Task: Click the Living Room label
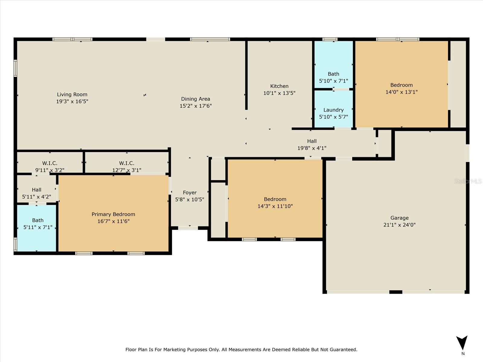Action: coord(72,94)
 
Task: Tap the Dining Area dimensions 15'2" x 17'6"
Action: coord(196,106)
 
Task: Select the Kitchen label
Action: coord(279,86)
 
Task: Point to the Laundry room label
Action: coord(333,110)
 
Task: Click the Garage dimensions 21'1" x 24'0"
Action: coord(399,225)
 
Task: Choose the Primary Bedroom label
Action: coord(113,214)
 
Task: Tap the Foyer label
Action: coord(190,193)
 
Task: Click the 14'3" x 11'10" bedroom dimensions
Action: coord(275,206)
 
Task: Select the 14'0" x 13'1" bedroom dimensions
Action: coord(401,92)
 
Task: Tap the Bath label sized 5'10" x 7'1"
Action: coord(333,74)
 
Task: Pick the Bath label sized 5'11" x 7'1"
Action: coord(38,221)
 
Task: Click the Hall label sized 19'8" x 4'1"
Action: coord(312,141)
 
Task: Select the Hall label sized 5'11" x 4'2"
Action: coord(37,190)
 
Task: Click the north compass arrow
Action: coord(462,342)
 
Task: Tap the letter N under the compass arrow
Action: coord(463,354)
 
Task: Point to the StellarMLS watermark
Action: coord(468,181)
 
